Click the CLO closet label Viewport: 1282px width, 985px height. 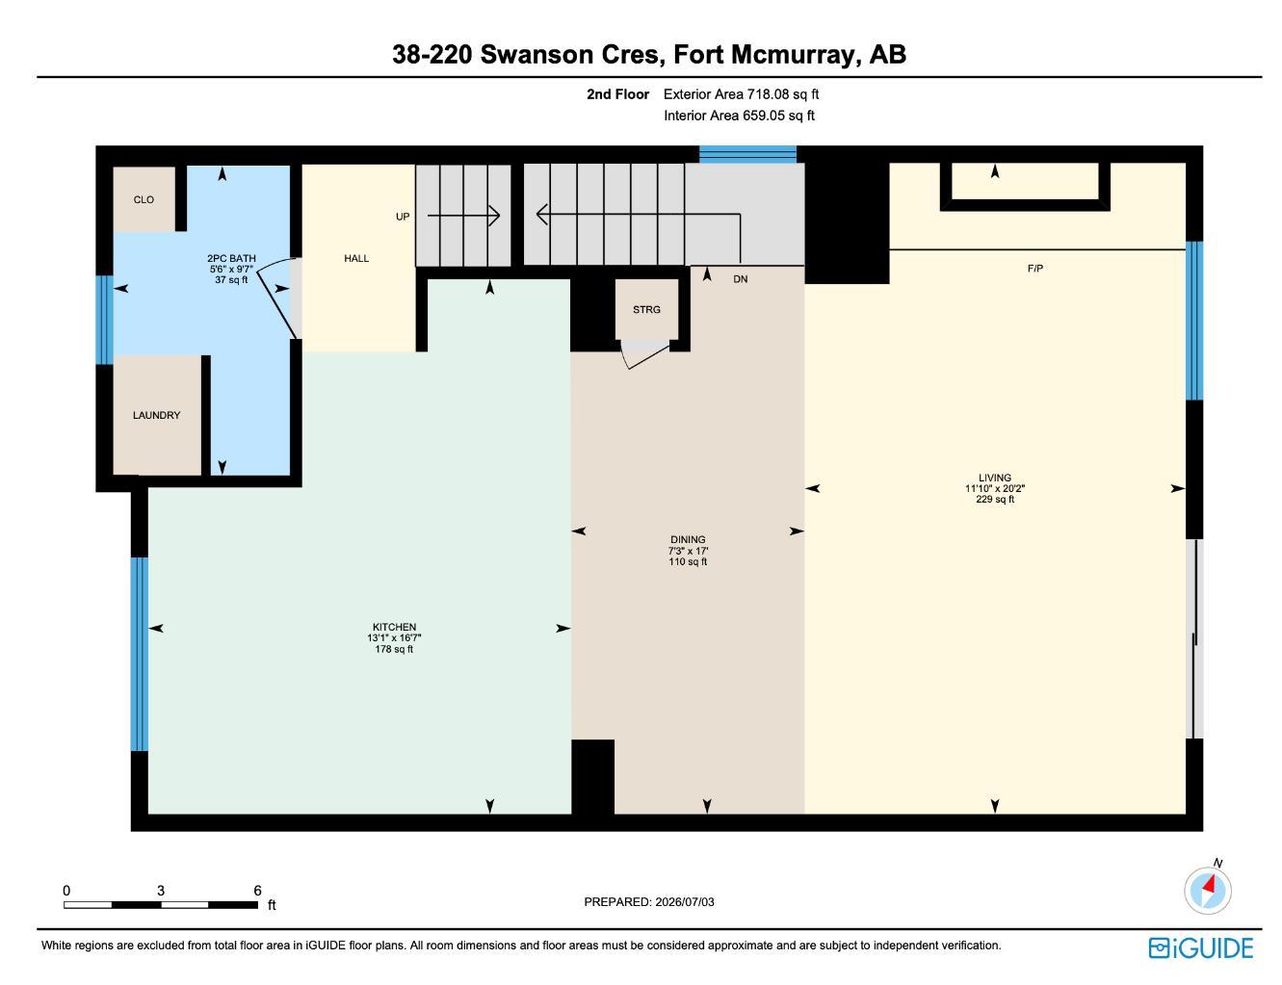[144, 200]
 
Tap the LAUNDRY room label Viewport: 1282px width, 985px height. [156, 415]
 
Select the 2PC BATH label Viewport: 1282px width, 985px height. [231, 258]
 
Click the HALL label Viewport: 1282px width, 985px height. [356, 258]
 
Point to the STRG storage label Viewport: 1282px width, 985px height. [646, 309]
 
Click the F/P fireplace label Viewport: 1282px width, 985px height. [1035, 269]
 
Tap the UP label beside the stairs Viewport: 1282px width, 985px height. [403, 217]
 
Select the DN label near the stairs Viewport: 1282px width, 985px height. [741, 279]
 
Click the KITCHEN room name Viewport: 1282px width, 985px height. [394, 627]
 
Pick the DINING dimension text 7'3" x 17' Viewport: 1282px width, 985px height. [688, 551]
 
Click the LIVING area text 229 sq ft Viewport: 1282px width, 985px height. [995, 499]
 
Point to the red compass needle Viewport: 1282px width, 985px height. [1209, 885]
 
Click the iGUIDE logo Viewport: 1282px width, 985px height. [1200, 948]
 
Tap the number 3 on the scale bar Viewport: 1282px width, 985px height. [161, 890]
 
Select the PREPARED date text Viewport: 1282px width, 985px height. [649, 902]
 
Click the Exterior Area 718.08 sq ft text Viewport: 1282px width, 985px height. [741, 94]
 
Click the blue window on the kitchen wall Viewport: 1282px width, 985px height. [140, 655]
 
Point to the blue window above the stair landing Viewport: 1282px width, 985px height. [747, 154]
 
